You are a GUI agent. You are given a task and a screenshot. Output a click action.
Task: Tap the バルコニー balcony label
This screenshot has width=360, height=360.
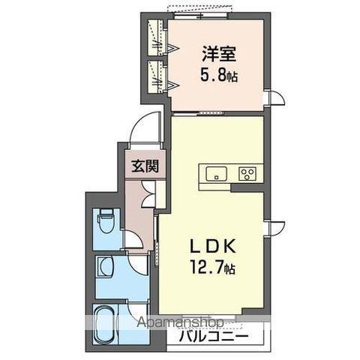click(213, 337)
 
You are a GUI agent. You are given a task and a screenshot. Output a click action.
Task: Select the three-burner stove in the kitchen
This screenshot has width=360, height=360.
click(247, 174)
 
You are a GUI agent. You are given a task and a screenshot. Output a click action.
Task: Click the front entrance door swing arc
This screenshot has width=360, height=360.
click(144, 127)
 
